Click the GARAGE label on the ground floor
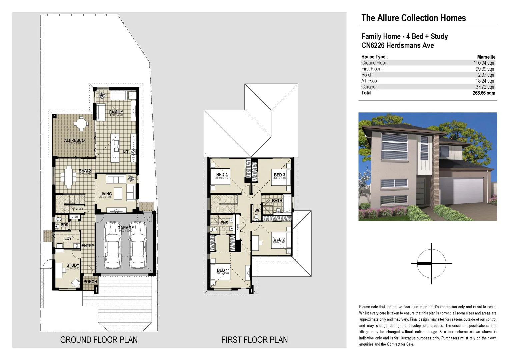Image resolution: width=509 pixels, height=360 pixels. pos(125,228)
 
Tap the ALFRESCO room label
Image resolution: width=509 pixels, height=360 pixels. pos(74,140)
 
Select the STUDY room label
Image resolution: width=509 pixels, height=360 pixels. pos(73,265)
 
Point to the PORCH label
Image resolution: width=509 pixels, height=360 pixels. pos(90,282)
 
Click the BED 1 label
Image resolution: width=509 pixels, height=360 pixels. pos(222,270)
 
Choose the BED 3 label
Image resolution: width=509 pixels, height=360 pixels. pos(279,175)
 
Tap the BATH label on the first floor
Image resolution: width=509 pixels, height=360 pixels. pos(277,201)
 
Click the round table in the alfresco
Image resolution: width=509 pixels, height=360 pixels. pos(81,124)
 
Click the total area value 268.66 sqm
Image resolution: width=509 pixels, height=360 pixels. pos(484,93)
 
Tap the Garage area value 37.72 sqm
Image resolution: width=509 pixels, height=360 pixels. pos(485,87)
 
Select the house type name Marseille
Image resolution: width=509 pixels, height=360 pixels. pos(486,57)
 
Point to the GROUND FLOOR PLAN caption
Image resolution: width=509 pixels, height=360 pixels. pos(99,340)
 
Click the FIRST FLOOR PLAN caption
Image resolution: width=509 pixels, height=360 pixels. pos(254,340)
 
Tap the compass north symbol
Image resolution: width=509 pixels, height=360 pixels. pos(431,263)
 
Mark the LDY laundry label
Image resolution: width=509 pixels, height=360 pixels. pos(68,238)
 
